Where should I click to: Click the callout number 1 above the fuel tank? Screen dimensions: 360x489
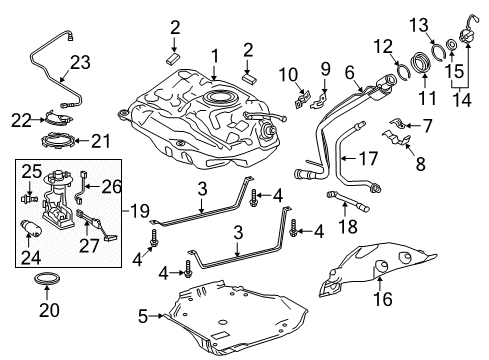coord(213,55)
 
